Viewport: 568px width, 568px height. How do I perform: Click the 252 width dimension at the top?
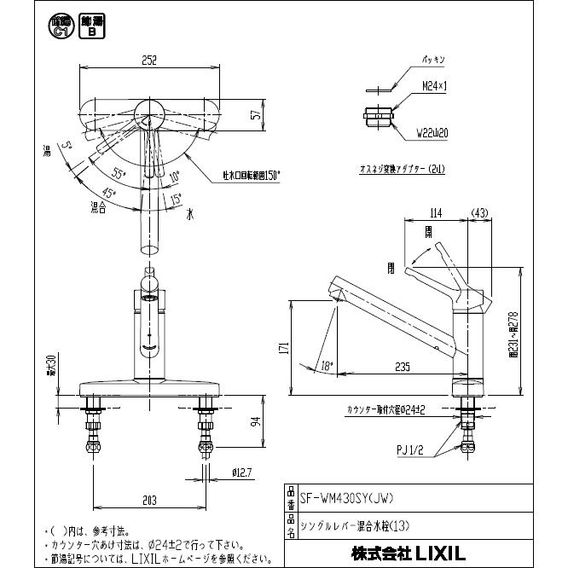pyautogui.click(x=150, y=60)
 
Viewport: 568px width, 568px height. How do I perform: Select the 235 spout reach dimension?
pyautogui.click(x=404, y=367)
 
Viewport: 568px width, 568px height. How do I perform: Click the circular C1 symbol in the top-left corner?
pyautogui.click(x=59, y=26)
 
